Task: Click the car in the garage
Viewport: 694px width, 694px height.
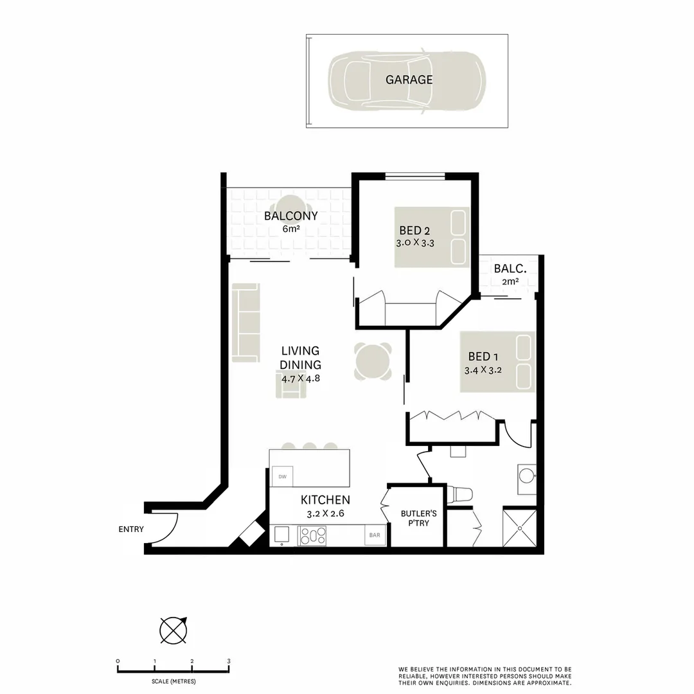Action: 407,80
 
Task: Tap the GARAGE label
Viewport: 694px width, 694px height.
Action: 409,80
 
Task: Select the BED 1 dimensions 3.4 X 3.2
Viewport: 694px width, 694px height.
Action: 483,370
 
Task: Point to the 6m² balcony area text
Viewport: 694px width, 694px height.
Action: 290,229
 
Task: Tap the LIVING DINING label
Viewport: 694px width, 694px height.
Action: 300,357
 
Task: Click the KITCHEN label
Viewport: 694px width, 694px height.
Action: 325,500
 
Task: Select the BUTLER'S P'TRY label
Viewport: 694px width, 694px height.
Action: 418,518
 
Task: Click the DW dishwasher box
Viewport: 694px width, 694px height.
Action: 281,476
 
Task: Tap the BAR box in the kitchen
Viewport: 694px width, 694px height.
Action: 374,535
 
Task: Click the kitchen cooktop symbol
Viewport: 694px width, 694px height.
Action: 312,536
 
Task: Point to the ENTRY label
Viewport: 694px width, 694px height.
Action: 130,529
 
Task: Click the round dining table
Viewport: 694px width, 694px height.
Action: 373,362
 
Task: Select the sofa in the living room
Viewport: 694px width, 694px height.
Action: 246,322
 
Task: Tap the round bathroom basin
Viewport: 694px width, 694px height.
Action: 527,476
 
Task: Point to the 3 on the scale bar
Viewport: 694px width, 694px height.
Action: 229,661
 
